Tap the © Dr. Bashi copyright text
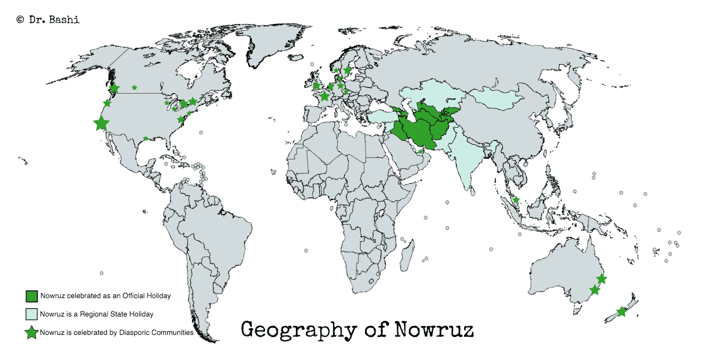pos(48,20)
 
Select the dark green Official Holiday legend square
pos(31,296)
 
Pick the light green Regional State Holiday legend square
pos(31,314)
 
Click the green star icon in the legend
pos(31,333)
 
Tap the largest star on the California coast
pos(101,123)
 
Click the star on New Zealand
pos(621,312)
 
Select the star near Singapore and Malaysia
pos(516,200)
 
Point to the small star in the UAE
pos(421,152)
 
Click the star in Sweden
pos(347,71)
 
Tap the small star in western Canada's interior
pos(134,87)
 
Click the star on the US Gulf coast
pos(146,138)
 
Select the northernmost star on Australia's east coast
pos(602,279)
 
